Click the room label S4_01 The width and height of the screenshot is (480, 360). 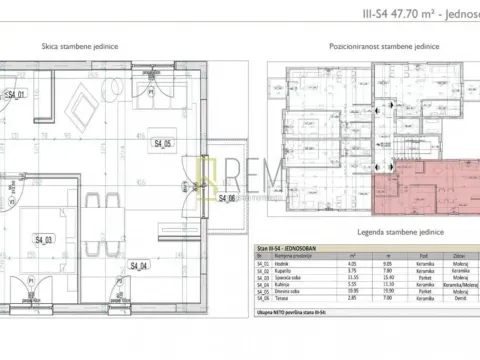point(16,95)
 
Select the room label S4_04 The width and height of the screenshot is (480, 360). point(138,266)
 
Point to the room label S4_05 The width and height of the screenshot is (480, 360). point(163,144)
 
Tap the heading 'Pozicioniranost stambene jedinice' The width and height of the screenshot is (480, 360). point(371,47)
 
